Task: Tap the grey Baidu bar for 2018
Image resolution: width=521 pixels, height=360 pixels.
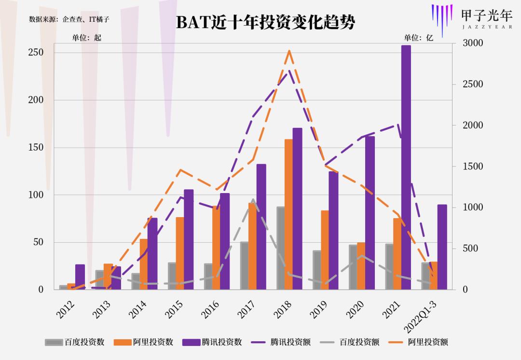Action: (x=280, y=248)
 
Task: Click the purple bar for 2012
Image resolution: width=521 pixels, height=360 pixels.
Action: (x=80, y=277)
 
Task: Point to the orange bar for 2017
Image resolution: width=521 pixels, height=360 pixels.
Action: (x=252, y=246)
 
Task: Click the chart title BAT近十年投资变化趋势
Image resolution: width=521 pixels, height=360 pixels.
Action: (x=265, y=22)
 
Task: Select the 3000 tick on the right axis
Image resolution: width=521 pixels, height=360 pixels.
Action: (x=473, y=43)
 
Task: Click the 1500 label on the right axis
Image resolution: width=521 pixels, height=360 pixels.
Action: (x=473, y=166)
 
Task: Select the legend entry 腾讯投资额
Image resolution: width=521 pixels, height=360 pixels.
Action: (x=280, y=342)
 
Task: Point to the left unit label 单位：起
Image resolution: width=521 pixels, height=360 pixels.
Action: (x=87, y=38)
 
